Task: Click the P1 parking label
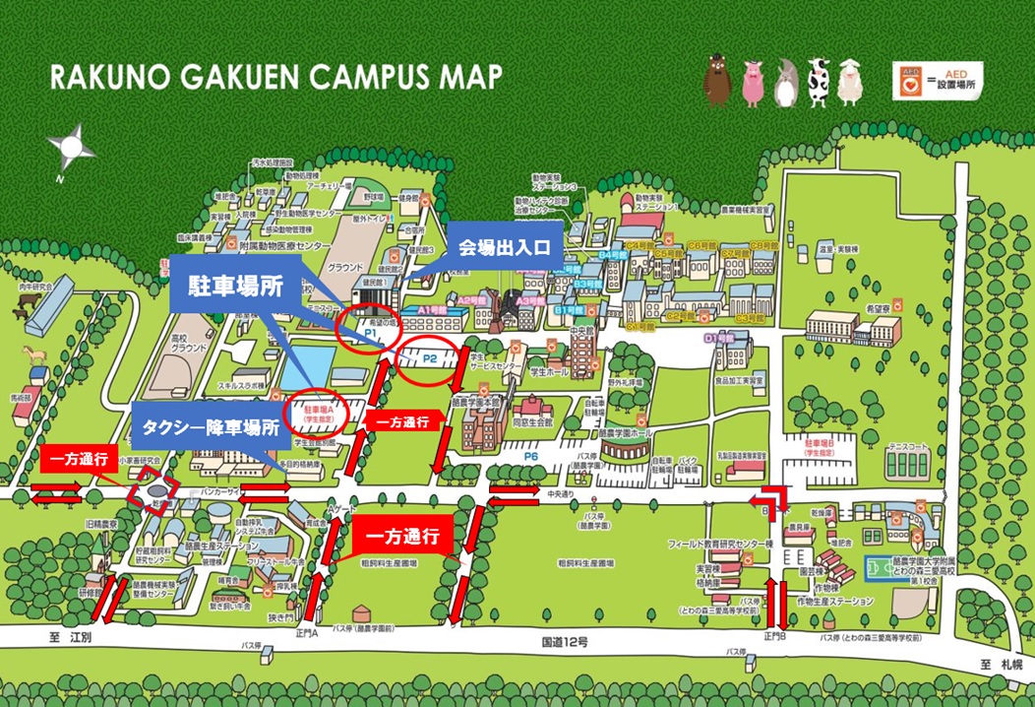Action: pos(372,336)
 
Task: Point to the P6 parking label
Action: pos(531,457)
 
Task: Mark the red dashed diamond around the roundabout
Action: pos(152,487)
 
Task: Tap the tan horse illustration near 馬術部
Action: pos(36,353)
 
